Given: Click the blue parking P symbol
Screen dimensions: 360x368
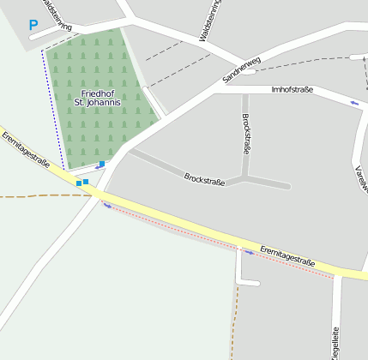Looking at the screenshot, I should click(x=33, y=26).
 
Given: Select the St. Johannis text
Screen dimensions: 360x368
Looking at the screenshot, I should click(x=98, y=103).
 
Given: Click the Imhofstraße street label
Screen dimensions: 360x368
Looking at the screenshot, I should click(x=292, y=89).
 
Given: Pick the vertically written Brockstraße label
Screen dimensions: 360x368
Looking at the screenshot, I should click(x=246, y=133).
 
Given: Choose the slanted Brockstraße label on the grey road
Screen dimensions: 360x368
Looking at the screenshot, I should click(x=204, y=179).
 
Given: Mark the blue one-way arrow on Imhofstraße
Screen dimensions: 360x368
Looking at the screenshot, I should click(x=355, y=103).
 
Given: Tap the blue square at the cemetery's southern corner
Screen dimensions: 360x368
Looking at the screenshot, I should click(x=102, y=164).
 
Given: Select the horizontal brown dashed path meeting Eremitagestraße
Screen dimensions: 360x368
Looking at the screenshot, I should click(x=43, y=196).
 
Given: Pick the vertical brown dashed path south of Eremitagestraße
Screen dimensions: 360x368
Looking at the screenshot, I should click(x=233, y=317).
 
